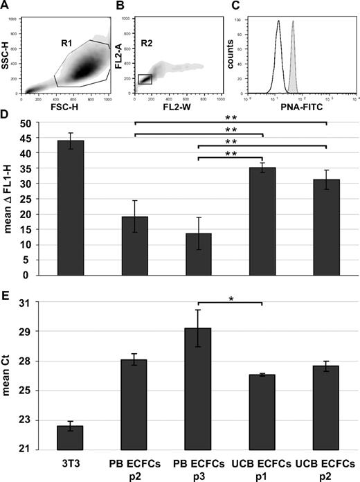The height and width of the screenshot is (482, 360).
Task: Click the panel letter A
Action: click(x=7, y=6)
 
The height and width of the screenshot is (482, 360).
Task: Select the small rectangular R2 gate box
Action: click(x=145, y=80)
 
